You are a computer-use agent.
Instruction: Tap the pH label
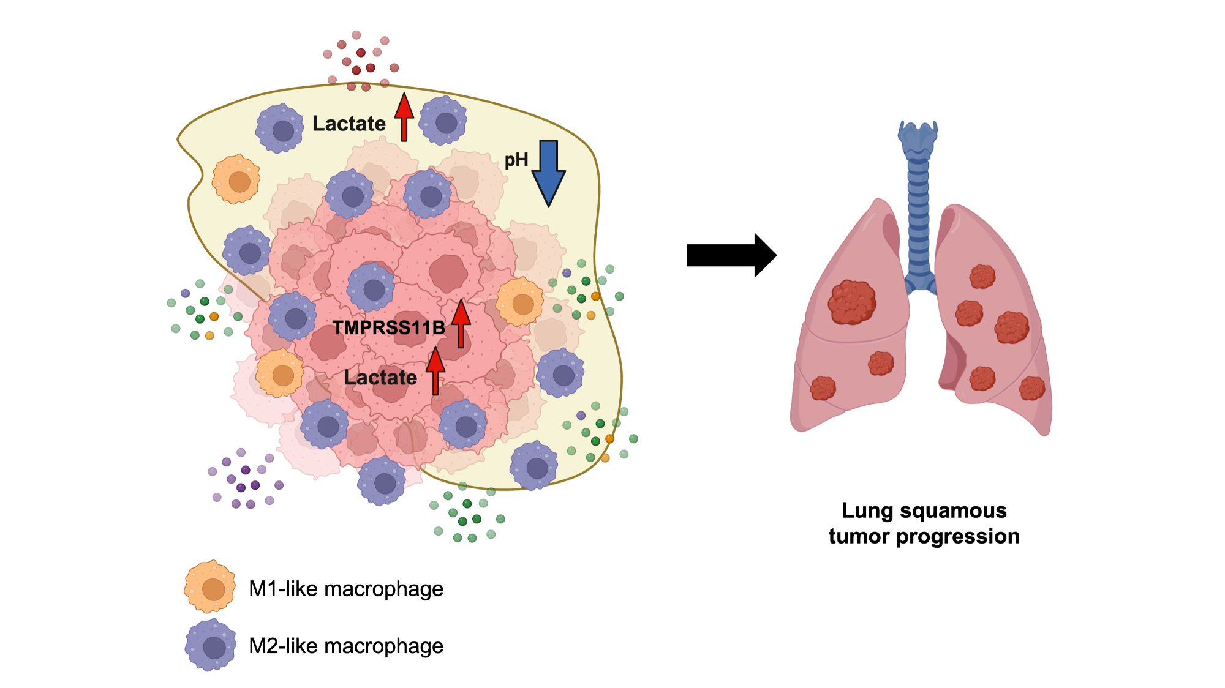(x=516, y=160)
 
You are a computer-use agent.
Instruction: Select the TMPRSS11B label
(x=389, y=328)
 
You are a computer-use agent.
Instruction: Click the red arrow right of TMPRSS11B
(x=461, y=323)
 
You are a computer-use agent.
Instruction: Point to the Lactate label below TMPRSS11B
(x=380, y=378)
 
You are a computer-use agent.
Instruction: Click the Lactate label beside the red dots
(x=349, y=124)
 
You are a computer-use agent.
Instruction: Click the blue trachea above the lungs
(x=918, y=202)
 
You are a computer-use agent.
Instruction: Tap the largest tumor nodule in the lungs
(x=851, y=302)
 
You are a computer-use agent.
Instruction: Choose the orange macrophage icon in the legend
(x=210, y=587)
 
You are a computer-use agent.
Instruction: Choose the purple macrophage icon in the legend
(x=211, y=645)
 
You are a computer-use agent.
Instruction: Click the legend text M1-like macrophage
(x=346, y=589)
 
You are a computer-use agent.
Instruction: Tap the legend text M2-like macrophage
(x=346, y=646)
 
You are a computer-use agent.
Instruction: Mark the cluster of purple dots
(x=245, y=479)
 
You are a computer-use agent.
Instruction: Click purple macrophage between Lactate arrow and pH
(x=443, y=121)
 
